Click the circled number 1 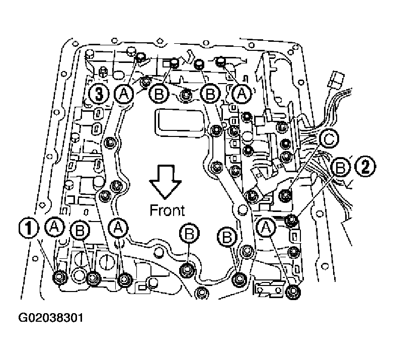pyautogui.click(x=28, y=230)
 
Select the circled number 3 pyautogui.click(x=98, y=93)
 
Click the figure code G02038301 pyautogui.click(x=50, y=319)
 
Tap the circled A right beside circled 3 pyautogui.click(x=123, y=93)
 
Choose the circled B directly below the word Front pyautogui.click(x=189, y=233)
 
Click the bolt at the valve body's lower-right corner pyautogui.click(x=291, y=292)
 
